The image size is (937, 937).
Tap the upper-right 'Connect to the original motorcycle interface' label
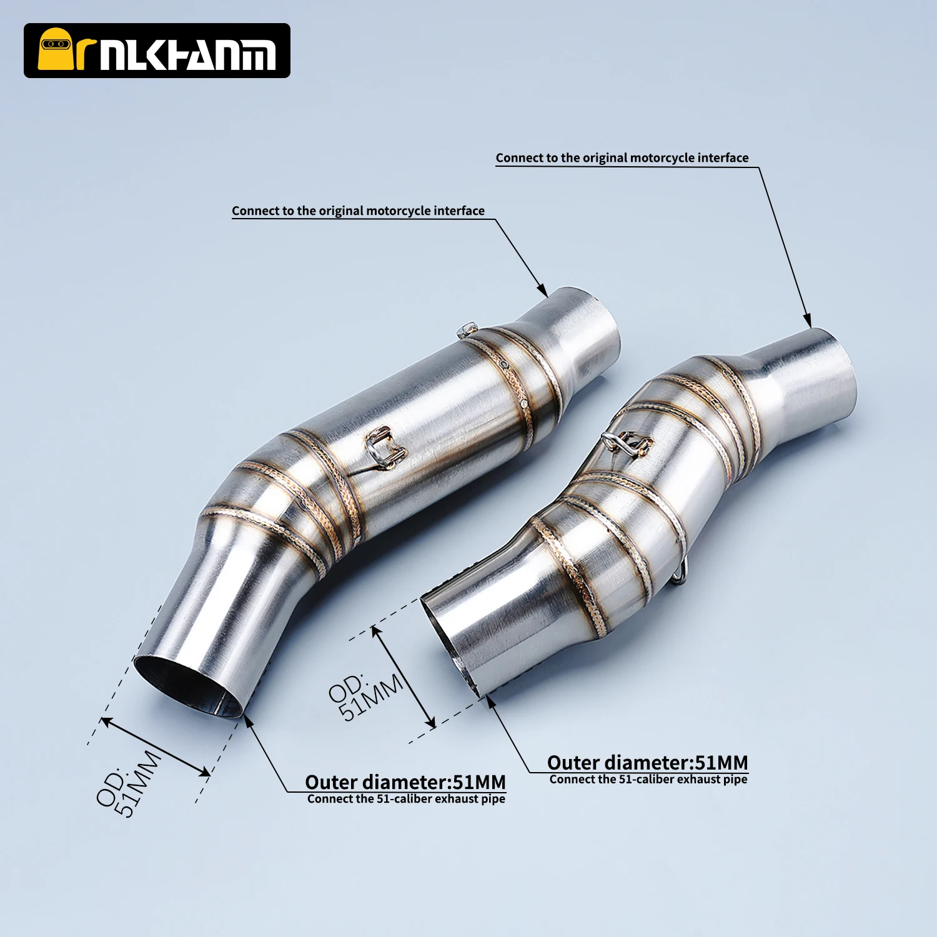point(622,157)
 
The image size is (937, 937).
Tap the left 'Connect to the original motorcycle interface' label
point(358,211)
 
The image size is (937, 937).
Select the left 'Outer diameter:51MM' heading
point(405,782)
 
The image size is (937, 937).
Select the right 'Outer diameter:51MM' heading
point(647,763)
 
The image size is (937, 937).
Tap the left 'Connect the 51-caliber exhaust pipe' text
point(406,799)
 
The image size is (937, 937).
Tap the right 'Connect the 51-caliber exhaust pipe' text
point(648,780)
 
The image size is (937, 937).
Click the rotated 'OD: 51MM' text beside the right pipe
point(365,696)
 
